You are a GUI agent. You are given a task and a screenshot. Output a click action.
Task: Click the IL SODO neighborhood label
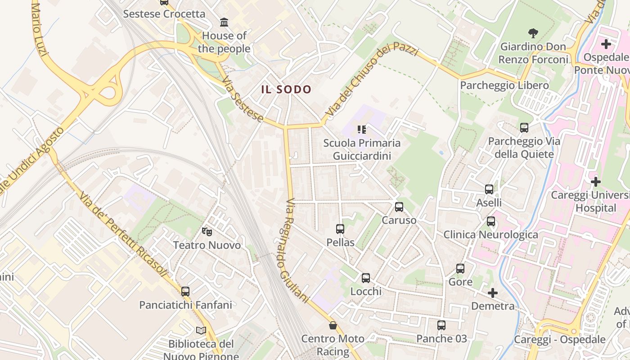tap(286, 89)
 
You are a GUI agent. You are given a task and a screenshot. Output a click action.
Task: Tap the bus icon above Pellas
tap(340, 229)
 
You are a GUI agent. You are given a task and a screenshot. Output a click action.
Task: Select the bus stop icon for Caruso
tap(399, 207)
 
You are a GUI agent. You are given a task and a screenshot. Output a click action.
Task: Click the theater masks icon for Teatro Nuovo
tap(207, 232)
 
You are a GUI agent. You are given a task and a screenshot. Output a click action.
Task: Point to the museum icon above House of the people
tap(224, 22)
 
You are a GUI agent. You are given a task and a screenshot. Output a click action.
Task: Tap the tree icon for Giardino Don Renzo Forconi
tap(533, 33)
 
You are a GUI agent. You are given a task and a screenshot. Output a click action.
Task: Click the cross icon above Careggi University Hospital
tap(596, 182)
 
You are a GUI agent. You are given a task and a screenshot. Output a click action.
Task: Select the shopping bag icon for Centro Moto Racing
tap(333, 325)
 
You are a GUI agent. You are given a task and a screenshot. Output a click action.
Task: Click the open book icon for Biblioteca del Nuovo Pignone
tap(201, 331)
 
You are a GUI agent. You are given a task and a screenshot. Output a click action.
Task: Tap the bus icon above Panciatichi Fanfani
tap(185, 291)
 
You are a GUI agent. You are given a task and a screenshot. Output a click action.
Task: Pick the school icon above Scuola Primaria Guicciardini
tap(361, 130)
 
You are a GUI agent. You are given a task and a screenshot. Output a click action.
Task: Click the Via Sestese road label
tap(243, 99)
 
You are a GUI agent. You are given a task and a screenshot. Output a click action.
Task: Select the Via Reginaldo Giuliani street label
tap(297, 250)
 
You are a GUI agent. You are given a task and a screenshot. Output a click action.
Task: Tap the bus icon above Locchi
tap(365, 278)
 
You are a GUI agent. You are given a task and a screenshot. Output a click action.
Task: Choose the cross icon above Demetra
tap(493, 293)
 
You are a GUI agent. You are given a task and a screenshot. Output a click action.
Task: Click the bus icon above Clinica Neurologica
tap(491, 221)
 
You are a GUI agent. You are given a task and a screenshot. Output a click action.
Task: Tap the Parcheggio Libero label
tap(504, 85)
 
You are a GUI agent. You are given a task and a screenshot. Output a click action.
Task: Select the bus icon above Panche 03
tap(441, 325)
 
